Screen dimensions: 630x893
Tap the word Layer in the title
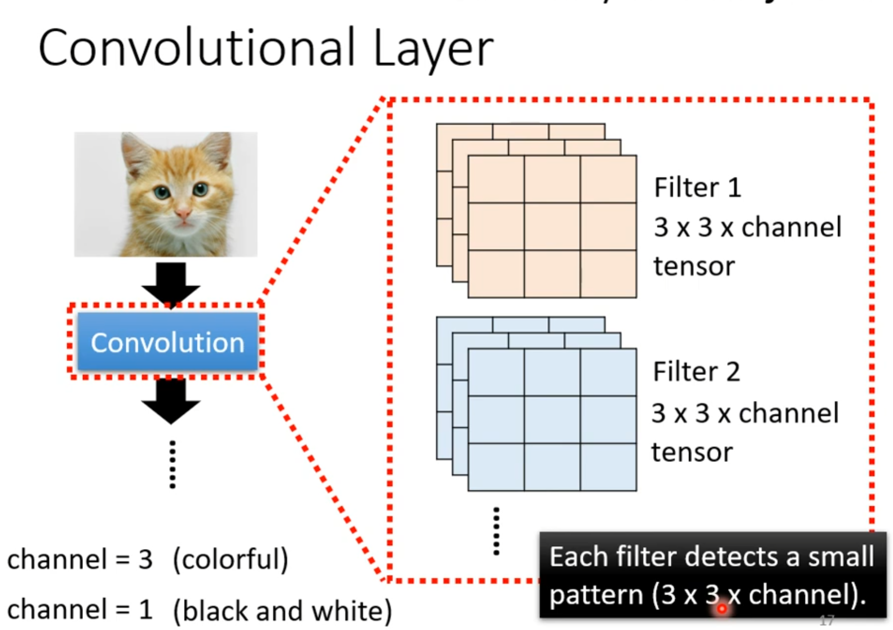tap(433, 50)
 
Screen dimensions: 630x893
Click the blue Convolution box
tap(168, 342)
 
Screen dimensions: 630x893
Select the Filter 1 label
tap(697, 187)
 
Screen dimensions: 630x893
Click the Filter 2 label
tap(696, 372)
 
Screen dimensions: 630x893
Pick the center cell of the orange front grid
tap(552, 226)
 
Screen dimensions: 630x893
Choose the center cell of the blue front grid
tap(552, 420)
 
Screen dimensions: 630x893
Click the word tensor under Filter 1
tap(694, 266)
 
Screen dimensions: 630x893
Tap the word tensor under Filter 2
tap(691, 452)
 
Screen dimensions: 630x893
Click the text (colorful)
tap(230, 559)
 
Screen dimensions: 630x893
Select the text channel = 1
tap(80, 609)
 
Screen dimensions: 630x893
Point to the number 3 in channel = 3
tap(145, 559)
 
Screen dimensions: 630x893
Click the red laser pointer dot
tap(722, 608)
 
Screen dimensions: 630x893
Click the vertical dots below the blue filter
tap(496, 531)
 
